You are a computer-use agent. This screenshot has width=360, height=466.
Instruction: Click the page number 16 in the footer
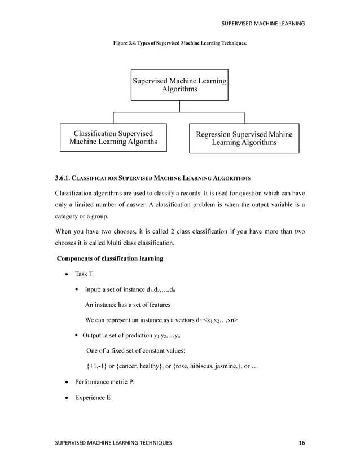pos(301,443)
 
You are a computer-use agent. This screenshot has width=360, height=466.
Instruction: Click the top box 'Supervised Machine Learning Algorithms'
pos(179,85)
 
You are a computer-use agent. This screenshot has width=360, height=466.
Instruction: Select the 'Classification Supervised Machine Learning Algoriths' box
pos(113,138)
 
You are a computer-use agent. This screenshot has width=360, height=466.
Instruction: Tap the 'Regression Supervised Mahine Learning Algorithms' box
pos(244,139)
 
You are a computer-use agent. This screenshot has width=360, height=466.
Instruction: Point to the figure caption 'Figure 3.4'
pos(126,43)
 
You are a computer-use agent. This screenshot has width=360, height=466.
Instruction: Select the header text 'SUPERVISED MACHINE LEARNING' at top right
pos(262,23)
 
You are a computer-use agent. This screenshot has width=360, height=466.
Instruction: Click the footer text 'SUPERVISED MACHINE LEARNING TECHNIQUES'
pos(113,443)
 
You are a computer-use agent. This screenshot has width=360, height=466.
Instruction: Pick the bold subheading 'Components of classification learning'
pos(110,258)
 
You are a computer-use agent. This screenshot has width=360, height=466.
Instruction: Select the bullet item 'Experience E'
pos(93,397)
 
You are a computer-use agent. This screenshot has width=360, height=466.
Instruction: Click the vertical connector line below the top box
pos(179,106)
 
